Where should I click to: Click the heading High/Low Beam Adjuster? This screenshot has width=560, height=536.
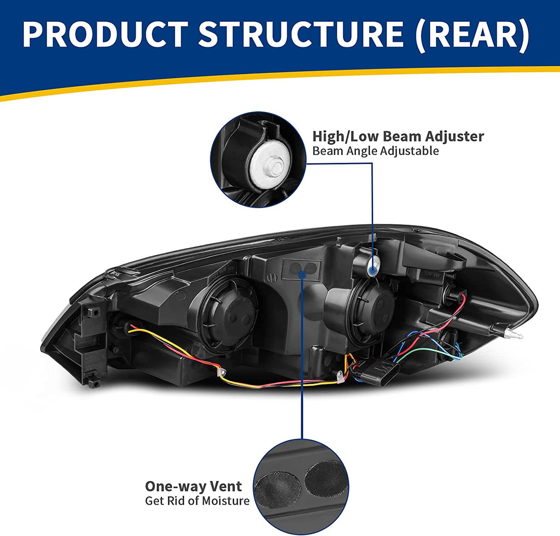pos(398,136)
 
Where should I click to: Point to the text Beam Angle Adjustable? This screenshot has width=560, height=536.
pos(375,151)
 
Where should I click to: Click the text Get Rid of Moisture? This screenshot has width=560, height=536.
pos(197,500)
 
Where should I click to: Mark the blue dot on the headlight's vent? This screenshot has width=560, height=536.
pos(302,274)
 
